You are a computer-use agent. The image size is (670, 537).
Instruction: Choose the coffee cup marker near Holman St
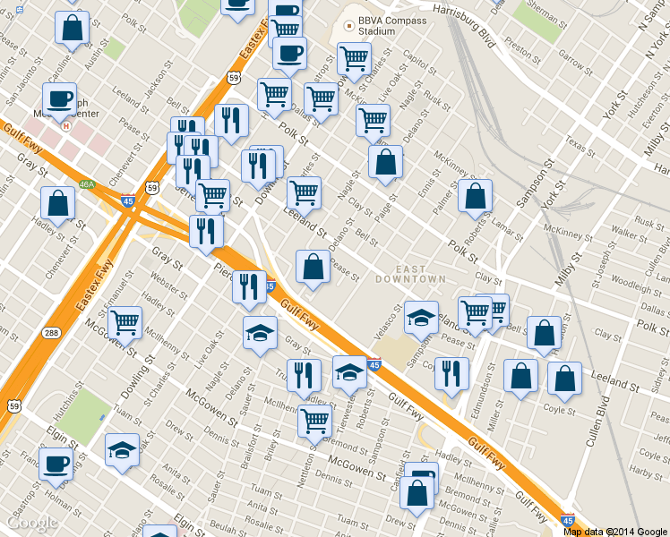pyautogui.click(x=56, y=464)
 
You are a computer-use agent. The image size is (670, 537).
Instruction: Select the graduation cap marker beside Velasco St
pyautogui.click(x=421, y=316)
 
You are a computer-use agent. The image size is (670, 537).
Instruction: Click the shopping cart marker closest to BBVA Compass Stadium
pyautogui.click(x=355, y=58)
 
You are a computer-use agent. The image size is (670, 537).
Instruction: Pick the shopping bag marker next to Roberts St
pyautogui.click(x=475, y=196)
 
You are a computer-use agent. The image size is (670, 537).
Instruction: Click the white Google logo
pyautogui.click(x=32, y=523)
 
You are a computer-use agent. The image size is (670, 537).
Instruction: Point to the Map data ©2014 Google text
pyautogui.click(x=614, y=531)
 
